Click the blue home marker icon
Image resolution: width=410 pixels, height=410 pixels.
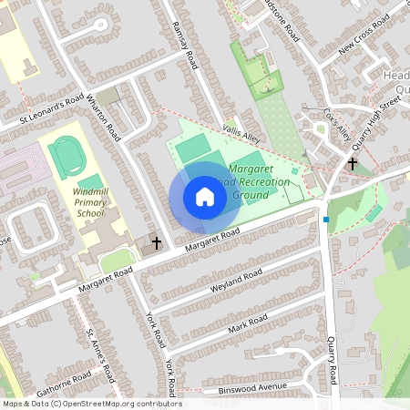pos(205,197)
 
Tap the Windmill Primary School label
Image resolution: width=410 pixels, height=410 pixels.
pos(91,203)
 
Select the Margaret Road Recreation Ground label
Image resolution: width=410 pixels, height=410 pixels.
pos(260,182)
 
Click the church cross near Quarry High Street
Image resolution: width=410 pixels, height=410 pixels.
pos(352,164)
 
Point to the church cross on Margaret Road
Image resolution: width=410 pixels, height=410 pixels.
pos(157,243)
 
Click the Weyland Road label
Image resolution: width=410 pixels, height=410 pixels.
pos(211,289)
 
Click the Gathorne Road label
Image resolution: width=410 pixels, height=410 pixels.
pos(65,380)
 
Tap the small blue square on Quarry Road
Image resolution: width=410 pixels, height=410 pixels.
pos(326,219)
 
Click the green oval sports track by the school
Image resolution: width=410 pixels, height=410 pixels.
pos(65,157)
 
